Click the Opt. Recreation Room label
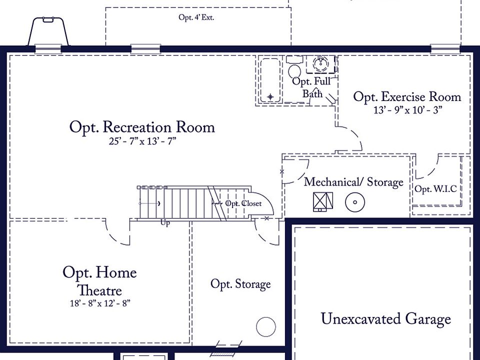tap(142, 127)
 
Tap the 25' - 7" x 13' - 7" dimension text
tap(142, 141)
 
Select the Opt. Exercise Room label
tap(407, 97)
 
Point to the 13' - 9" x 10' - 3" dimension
tap(407, 110)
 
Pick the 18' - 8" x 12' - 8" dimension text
tap(100, 303)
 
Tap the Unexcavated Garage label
tap(385, 319)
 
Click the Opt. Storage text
tap(240, 284)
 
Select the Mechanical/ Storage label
tap(353, 182)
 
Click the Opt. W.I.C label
tap(435, 189)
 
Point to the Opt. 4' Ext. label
tap(196, 17)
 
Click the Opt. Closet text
tap(243, 203)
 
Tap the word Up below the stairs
tap(165, 223)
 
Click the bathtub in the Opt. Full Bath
tap(270, 80)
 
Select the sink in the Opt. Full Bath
tap(320, 63)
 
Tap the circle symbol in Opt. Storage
tap(266, 327)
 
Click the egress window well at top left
tap(48, 32)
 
